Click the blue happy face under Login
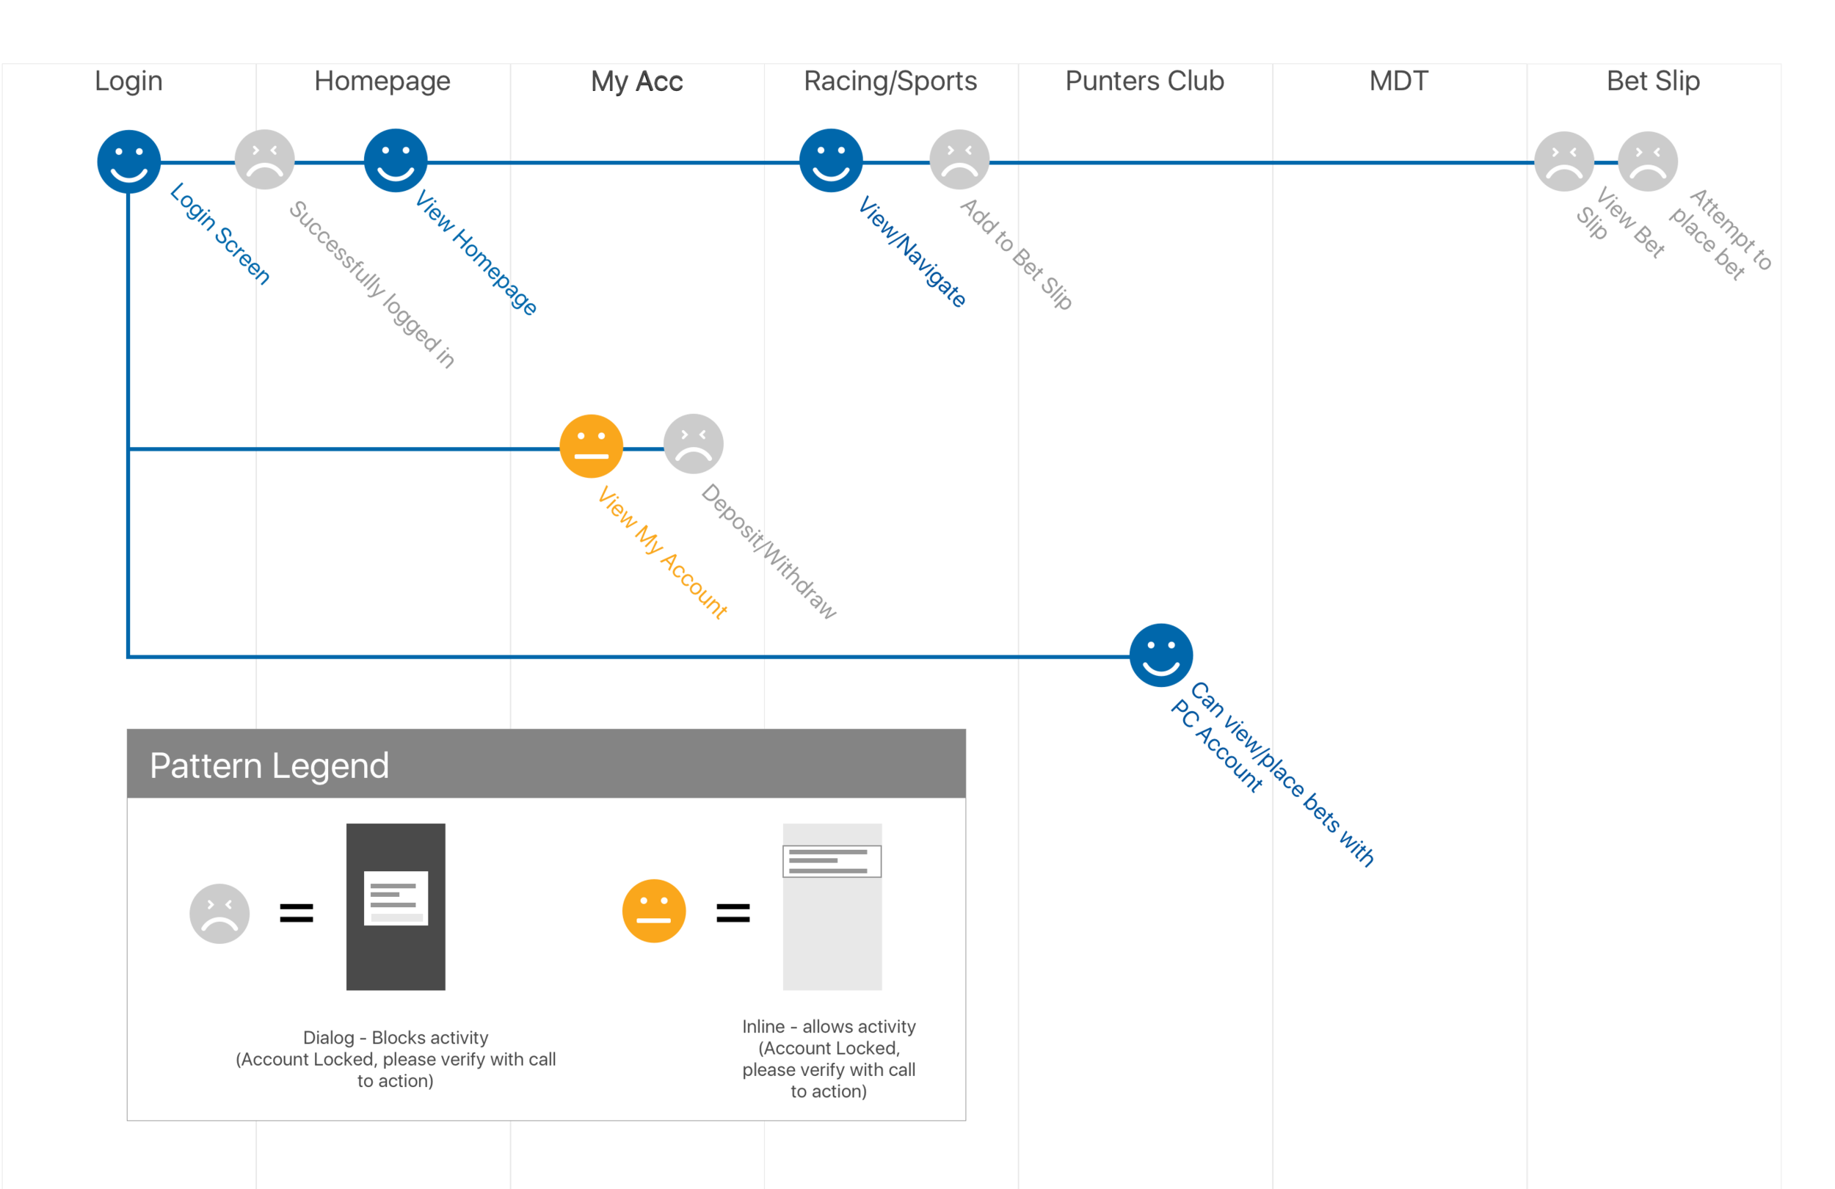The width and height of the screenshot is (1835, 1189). [x=128, y=162]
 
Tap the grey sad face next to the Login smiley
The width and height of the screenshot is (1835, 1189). [x=264, y=159]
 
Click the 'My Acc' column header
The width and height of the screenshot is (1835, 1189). [x=637, y=81]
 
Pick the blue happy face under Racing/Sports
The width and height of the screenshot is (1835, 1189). [x=830, y=161]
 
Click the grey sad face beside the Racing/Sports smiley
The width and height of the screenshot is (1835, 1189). [x=959, y=159]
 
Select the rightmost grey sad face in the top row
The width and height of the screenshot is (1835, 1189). [x=1648, y=161]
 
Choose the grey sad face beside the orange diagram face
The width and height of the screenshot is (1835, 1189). [x=693, y=445]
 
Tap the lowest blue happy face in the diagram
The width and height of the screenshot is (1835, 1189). [x=1160, y=655]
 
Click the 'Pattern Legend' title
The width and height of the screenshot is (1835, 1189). [x=269, y=766]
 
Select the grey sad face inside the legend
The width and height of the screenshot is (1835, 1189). [x=219, y=913]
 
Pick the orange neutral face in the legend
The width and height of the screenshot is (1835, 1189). [x=654, y=911]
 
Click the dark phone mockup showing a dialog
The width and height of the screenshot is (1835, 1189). [x=396, y=906]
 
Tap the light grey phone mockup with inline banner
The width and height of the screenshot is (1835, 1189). [x=832, y=906]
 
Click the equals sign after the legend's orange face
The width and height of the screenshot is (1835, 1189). [x=733, y=914]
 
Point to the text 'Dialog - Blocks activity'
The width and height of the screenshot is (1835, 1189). [x=396, y=1037]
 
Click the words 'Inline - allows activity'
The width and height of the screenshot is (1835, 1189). [x=829, y=1026]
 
